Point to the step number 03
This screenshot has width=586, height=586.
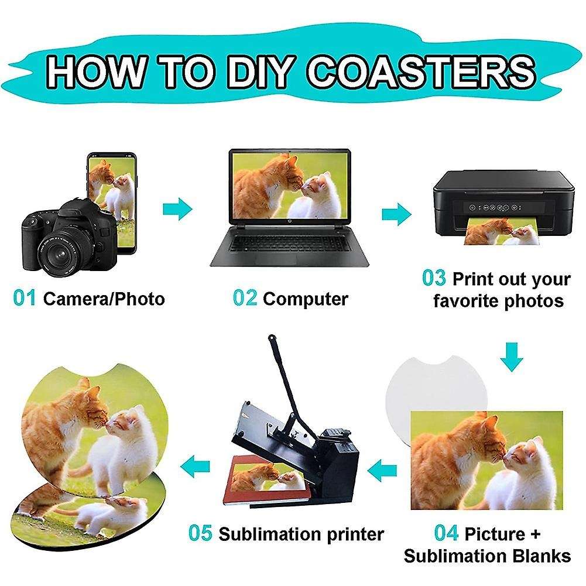[434, 279]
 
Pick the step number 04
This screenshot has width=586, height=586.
[446, 533]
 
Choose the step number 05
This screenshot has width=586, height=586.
[200, 534]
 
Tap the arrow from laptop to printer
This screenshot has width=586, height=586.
[396, 214]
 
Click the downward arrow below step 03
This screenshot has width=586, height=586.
[513, 357]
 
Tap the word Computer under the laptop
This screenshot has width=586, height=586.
[305, 299]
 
